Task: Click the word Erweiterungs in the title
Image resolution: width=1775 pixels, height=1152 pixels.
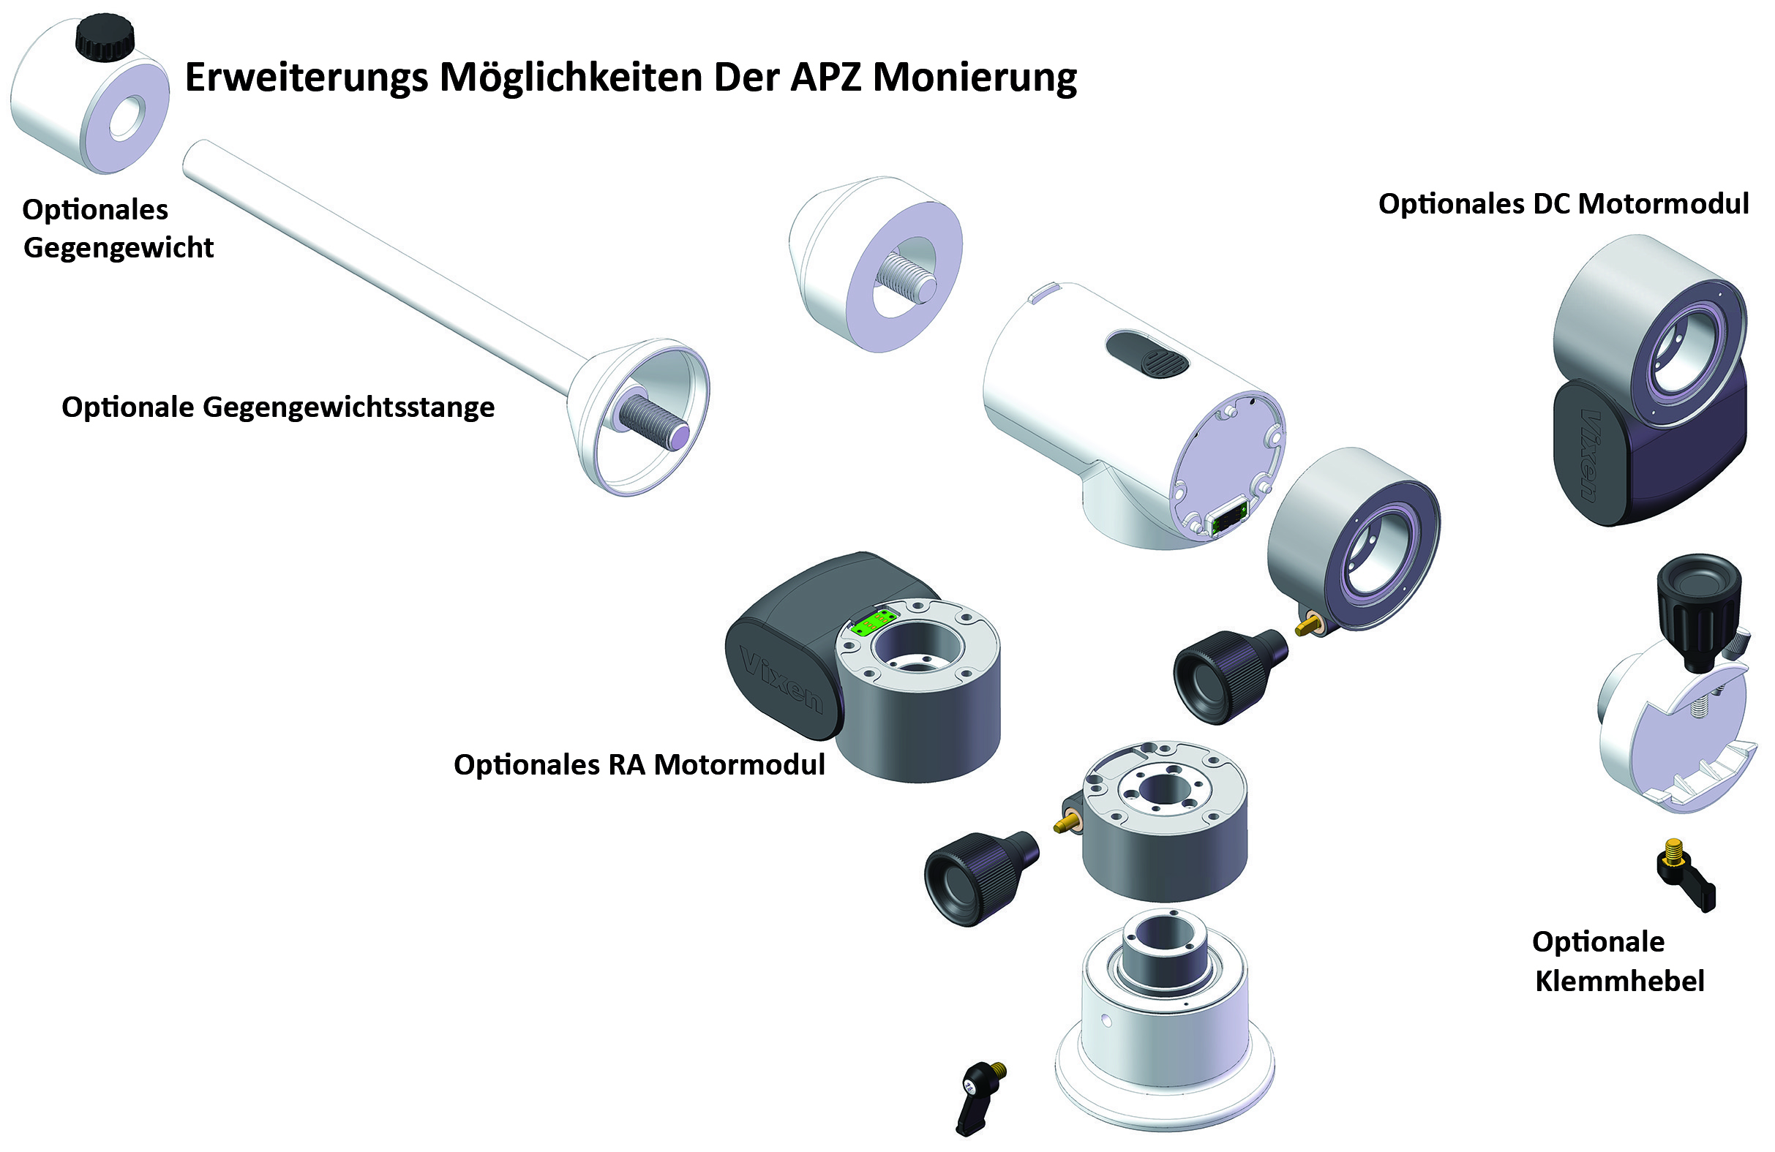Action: click(307, 78)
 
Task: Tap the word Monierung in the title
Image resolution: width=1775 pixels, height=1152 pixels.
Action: click(975, 78)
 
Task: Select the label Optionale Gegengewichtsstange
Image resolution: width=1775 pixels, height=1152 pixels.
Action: click(278, 408)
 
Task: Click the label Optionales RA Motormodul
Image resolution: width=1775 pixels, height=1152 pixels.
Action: click(639, 765)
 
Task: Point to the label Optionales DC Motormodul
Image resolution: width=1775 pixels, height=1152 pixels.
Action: click(1564, 203)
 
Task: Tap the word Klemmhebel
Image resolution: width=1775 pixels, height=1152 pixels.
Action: click(1620, 982)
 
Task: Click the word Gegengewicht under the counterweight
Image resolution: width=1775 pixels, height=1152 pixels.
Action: click(119, 248)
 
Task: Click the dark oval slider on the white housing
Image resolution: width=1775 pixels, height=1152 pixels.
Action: click(1147, 355)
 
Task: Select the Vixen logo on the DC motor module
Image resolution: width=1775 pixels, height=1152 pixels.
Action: click(1591, 454)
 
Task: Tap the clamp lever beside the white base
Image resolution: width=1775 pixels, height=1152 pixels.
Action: click(978, 1097)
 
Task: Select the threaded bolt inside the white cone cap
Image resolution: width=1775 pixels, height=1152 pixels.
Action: click(906, 279)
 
